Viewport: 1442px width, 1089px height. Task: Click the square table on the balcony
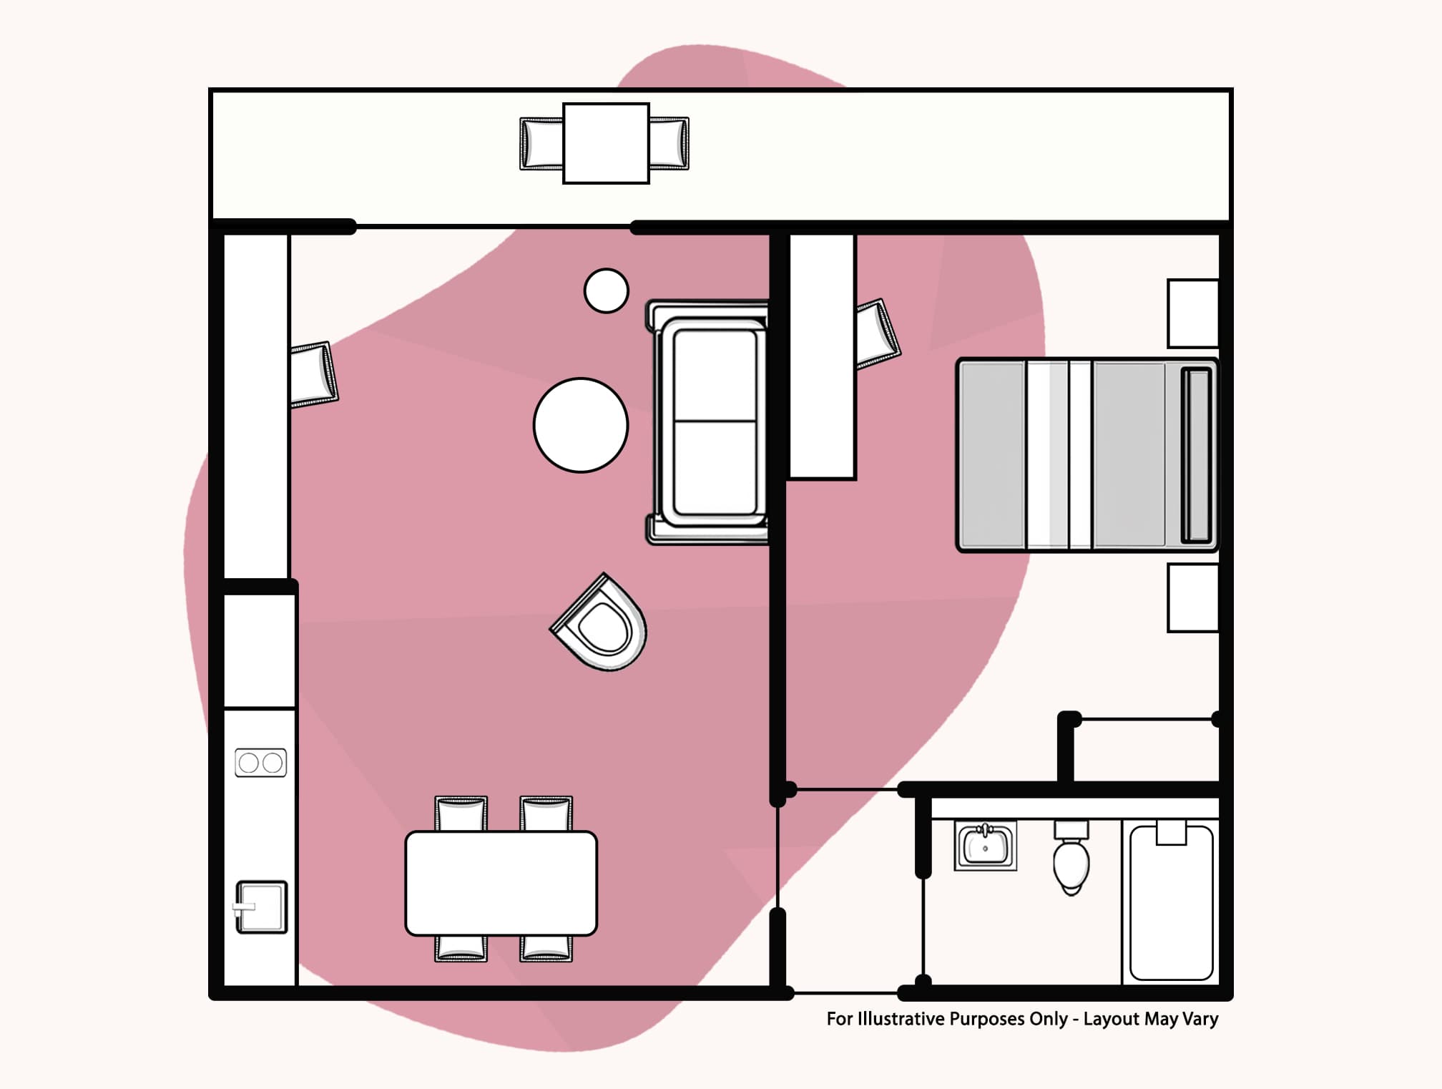(x=606, y=143)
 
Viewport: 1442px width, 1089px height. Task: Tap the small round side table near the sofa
(x=606, y=290)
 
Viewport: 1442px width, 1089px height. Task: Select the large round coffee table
(x=581, y=425)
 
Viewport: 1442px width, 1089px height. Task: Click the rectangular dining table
(x=501, y=883)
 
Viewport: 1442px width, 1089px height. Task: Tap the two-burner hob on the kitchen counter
(x=260, y=763)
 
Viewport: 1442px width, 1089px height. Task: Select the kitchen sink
(x=262, y=907)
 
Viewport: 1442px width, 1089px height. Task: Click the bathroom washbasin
(x=985, y=845)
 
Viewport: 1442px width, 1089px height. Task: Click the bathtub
(x=1171, y=903)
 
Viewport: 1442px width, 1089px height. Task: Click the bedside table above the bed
(x=1192, y=313)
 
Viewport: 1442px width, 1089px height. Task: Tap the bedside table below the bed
(x=1192, y=597)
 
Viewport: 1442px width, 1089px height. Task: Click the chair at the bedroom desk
(x=877, y=333)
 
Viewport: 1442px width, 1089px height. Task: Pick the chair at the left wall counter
(x=313, y=374)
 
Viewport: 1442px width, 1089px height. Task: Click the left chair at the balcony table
(x=541, y=144)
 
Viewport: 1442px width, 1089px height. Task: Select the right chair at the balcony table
(x=669, y=144)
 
